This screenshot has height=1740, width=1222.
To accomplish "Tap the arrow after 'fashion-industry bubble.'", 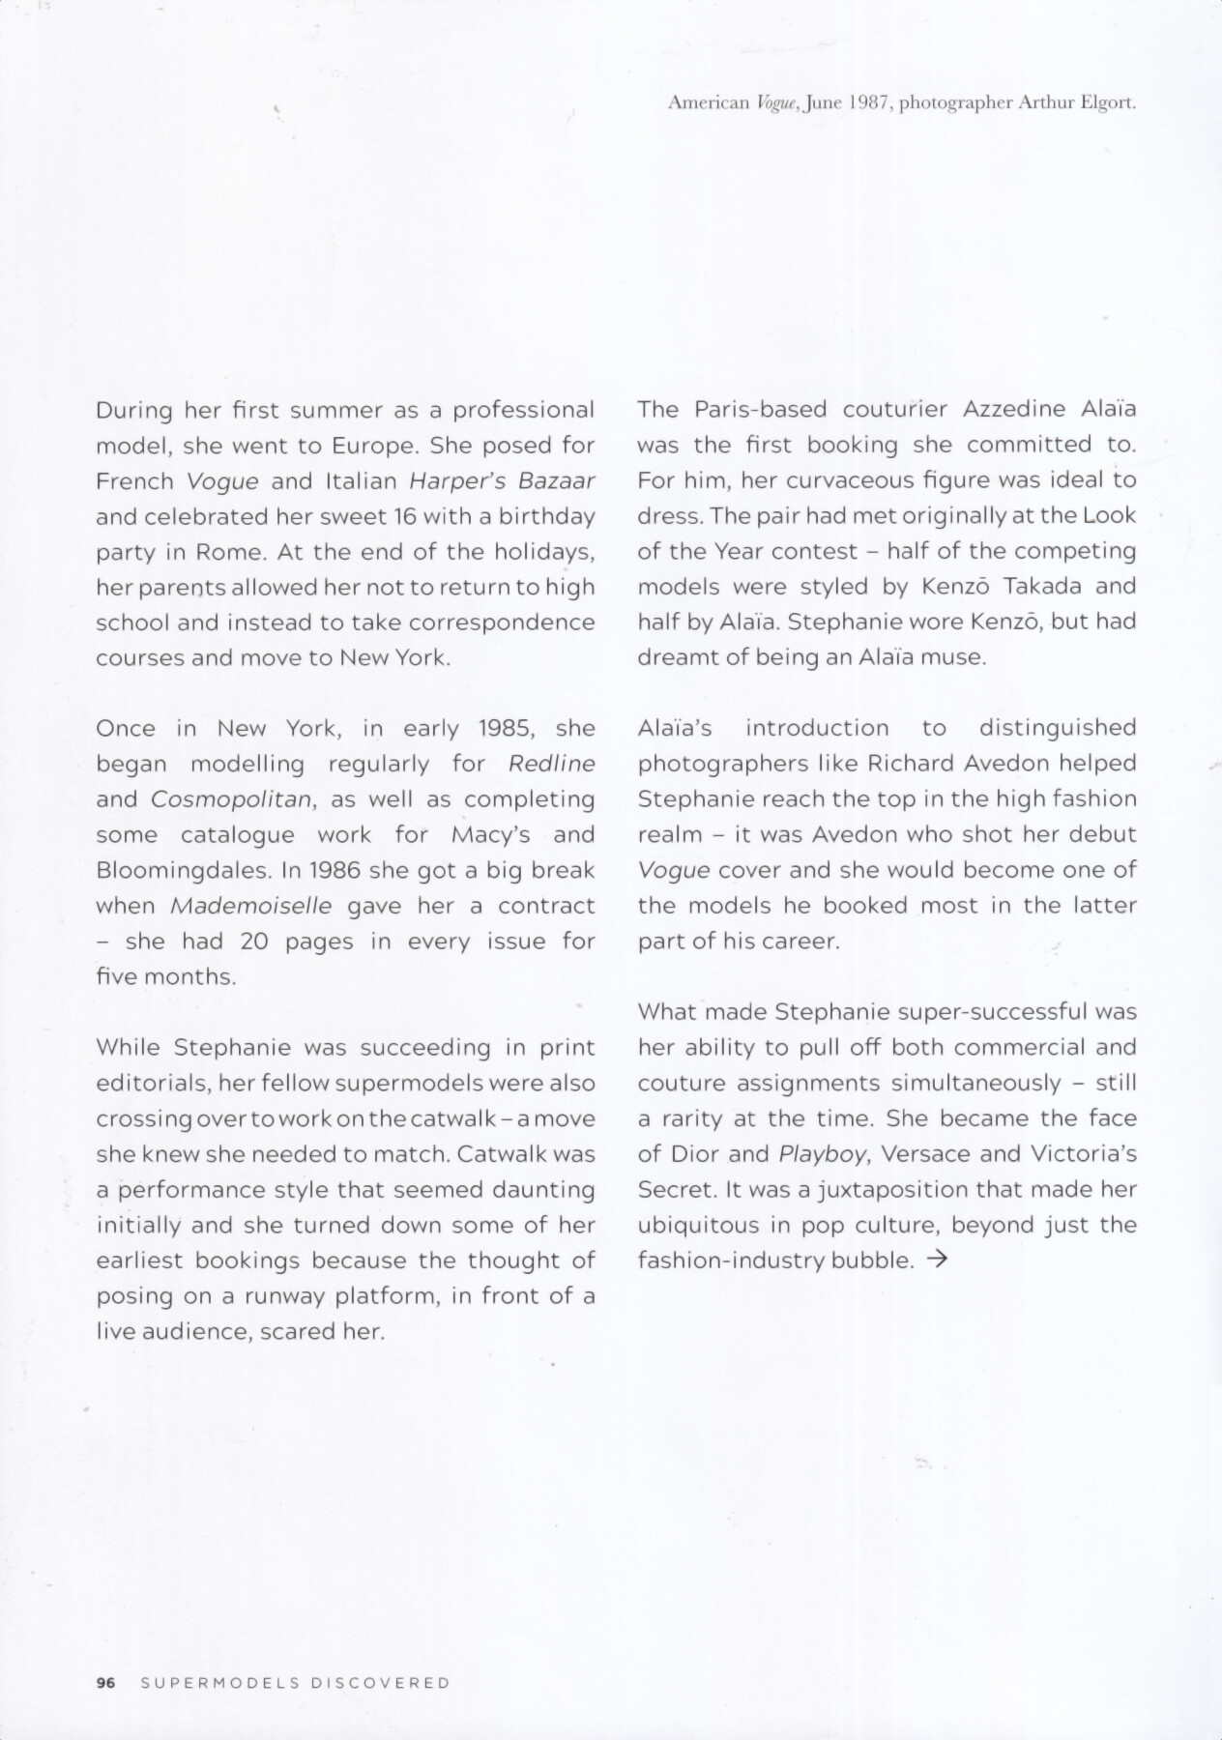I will pos(935,1261).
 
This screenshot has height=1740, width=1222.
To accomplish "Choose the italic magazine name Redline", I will pos(551,764).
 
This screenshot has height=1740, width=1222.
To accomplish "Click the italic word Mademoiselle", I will pos(250,906).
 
